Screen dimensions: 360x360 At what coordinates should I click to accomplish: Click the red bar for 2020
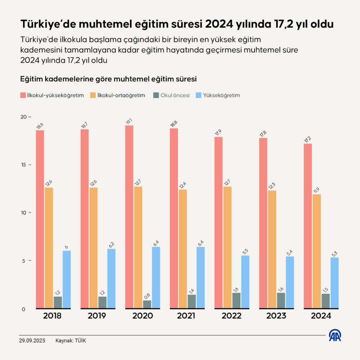129,217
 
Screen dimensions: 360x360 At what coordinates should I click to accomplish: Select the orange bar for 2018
49,248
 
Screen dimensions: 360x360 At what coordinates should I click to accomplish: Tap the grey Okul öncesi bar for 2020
147,304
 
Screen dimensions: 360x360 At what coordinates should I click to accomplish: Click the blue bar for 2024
335,283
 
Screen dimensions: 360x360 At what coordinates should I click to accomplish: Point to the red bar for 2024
308,226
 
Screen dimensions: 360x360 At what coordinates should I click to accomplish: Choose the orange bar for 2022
227,248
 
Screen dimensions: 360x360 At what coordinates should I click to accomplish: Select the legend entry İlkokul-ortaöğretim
117,95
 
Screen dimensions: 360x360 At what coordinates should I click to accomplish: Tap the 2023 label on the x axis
276,316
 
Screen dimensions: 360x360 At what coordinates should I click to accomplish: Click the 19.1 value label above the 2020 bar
129,121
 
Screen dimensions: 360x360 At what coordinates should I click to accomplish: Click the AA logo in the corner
336,335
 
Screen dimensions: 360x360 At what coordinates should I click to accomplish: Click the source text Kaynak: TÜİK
71,341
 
